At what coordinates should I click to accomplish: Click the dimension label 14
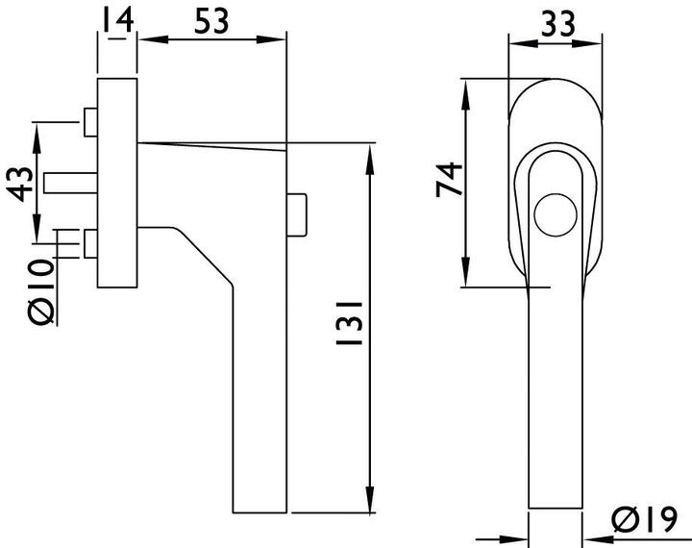click(x=117, y=20)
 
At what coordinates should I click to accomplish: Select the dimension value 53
click(x=211, y=21)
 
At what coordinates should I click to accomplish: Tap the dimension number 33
click(x=557, y=23)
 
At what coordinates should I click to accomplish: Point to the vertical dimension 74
click(x=449, y=180)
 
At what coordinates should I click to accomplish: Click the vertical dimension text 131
click(x=349, y=323)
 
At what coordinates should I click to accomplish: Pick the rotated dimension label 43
click(x=20, y=185)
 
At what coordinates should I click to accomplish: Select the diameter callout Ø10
click(x=40, y=291)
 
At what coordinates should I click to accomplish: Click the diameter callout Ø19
click(x=644, y=519)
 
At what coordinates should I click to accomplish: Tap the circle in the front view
click(x=556, y=214)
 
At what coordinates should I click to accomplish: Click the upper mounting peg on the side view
click(x=91, y=122)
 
